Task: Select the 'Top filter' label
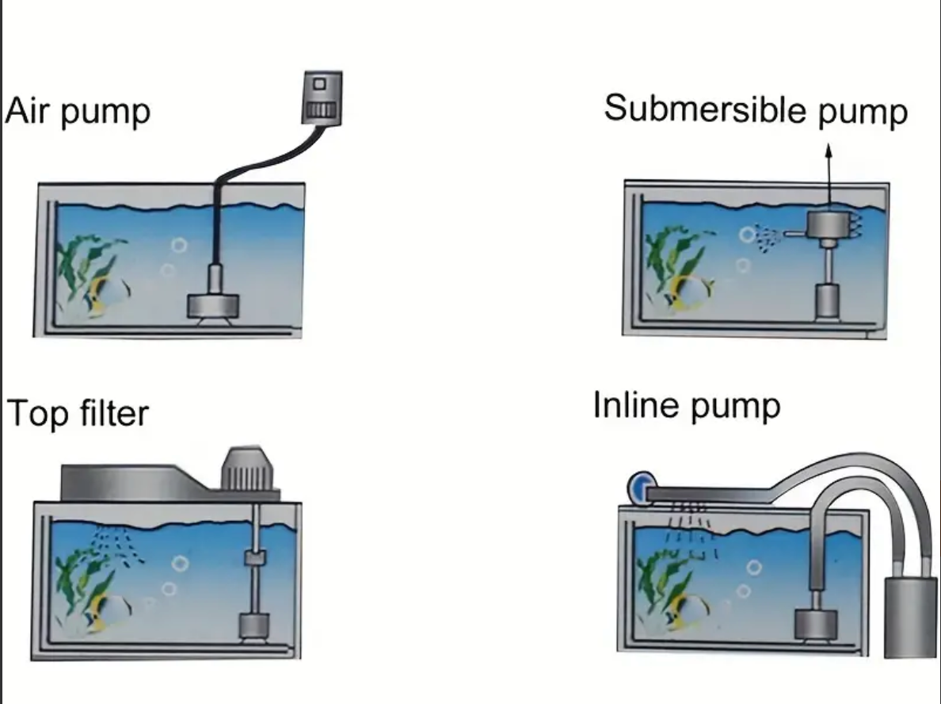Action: pos(78,413)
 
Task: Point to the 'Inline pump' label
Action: pos(686,405)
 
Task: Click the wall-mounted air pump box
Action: pos(322,98)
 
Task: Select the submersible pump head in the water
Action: pos(828,226)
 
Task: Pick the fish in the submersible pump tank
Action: pos(691,291)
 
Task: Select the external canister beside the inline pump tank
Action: pos(910,617)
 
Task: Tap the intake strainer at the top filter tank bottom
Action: pos(256,626)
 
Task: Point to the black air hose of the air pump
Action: pos(253,164)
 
